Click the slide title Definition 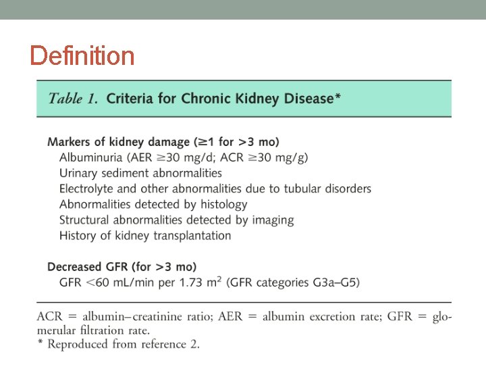coord(82,55)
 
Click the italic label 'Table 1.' coord(72,98)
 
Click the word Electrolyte coord(89,189)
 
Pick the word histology coord(222,204)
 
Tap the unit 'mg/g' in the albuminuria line coord(294,157)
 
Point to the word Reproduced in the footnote coord(79,345)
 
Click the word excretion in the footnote coord(325,318)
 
